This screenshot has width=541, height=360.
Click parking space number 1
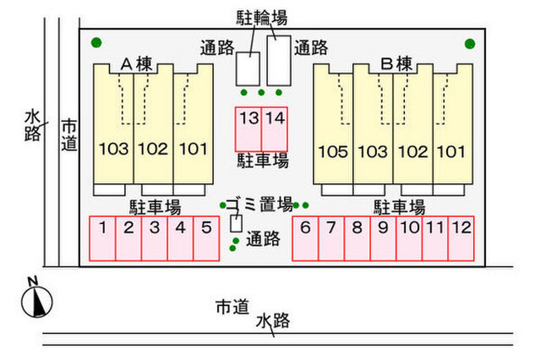click(102, 237)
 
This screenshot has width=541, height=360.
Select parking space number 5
click(206, 237)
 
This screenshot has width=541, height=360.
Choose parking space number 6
click(305, 237)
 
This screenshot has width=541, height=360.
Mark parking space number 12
click(461, 237)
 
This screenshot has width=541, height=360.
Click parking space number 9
click(383, 237)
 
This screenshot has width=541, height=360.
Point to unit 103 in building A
click(113, 150)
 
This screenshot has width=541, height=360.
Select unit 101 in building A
click(193, 150)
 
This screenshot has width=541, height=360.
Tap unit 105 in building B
click(333, 152)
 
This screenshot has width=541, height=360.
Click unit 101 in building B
click(451, 152)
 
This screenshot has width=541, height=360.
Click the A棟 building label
click(135, 63)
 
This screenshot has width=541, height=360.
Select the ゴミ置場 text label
click(259, 204)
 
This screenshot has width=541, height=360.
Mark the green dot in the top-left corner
click(96, 42)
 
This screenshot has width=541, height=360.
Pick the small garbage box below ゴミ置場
click(237, 224)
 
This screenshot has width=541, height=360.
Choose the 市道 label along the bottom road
click(232, 306)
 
